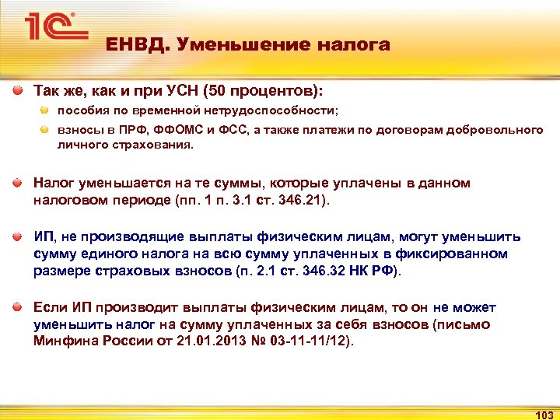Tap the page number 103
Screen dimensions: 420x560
pos(544,414)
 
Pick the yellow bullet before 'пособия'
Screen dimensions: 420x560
pos(45,110)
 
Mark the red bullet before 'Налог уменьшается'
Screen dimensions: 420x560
pos(17,183)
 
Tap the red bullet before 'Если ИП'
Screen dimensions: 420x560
pos(17,308)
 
